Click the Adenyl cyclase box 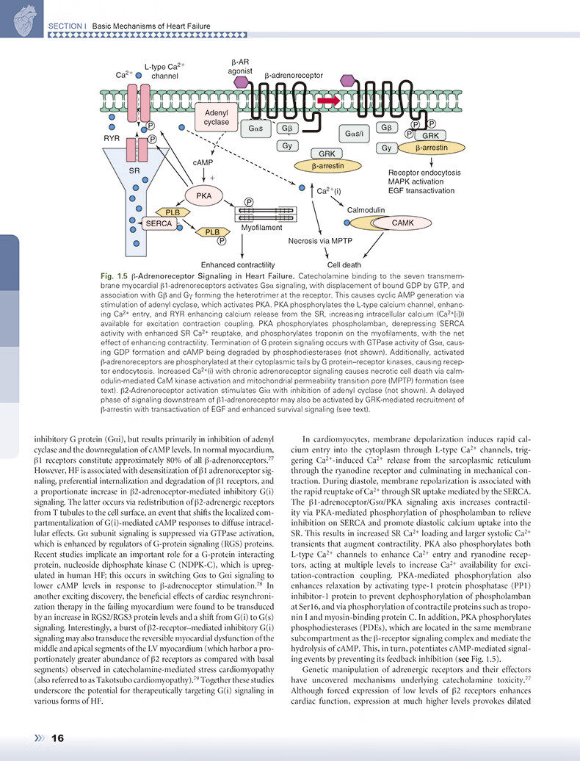click(x=217, y=118)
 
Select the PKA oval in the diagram click(x=203, y=196)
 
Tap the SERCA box click(x=159, y=223)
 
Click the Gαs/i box click(x=355, y=134)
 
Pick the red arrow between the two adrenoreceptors click(x=327, y=100)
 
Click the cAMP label click(x=203, y=162)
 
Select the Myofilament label click(x=261, y=228)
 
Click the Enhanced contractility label click(x=238, y=264)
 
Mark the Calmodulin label click(x=366, y=209)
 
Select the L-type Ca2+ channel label click(x=164, y=71)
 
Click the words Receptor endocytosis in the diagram click(x=424, y=173)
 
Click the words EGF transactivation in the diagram click(x=421, y=191)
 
